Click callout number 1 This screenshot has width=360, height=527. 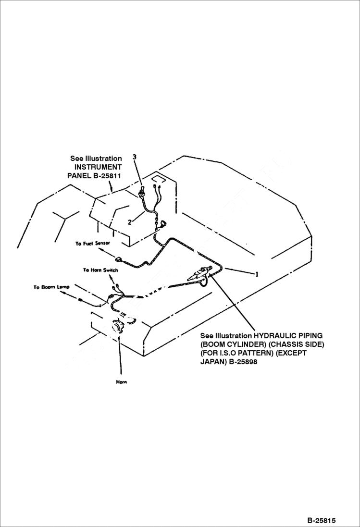tap(257, 274)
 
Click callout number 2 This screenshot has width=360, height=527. tap(130, 222)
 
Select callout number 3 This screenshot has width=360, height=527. tap(135, 157)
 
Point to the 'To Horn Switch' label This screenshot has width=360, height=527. tap(100, 270)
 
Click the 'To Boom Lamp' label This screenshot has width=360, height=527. tap(51, 287)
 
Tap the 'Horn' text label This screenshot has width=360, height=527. tap(121, 382)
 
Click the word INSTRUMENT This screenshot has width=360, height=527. tap(98, 167)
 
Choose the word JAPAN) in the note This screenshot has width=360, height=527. tap(212, 362)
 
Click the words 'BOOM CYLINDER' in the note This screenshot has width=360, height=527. tap(233, 344)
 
